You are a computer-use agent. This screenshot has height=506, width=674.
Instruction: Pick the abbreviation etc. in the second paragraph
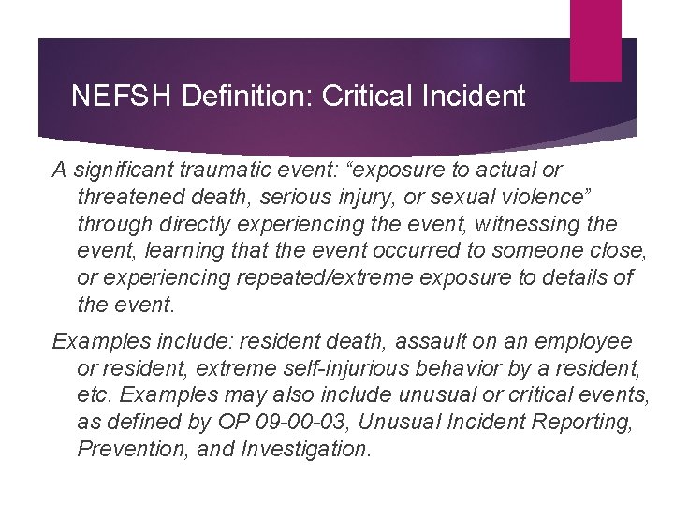(x=95, y=396)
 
